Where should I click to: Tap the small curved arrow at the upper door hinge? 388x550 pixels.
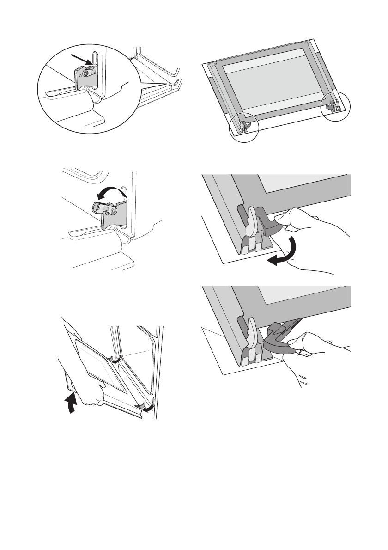(117, 360)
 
